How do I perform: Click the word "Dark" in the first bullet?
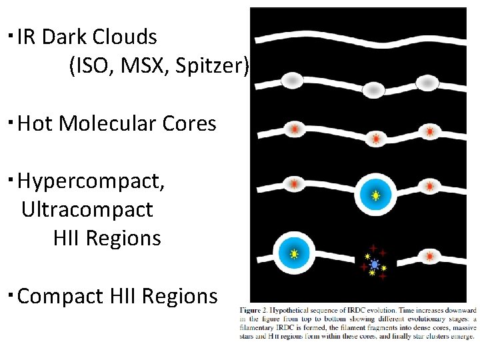[x=65, y=37]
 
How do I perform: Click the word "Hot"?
[x=37, y=123]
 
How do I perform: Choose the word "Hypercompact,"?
[x=91, y=181]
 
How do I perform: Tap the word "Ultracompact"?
[x=87, y=209]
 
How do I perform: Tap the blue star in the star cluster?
[x=375, y=265]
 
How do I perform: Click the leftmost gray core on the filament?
[x=292, y=81]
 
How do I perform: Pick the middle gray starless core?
[x=375, y=89]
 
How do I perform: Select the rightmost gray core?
[x=427, y=83]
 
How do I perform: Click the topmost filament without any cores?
[x=360, y=35]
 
